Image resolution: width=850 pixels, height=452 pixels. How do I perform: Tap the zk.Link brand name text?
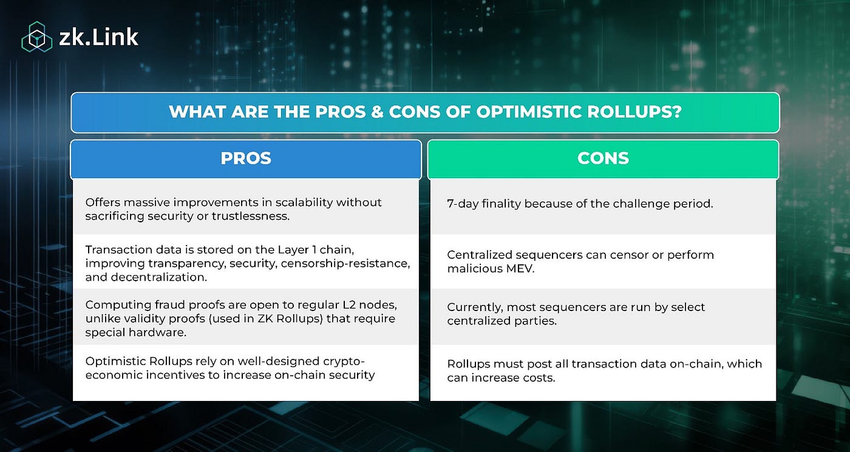tap(99, 38)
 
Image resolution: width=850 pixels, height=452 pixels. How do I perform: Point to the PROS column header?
tap(246, 159)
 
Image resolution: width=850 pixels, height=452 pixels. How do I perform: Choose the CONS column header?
tap(602, 159)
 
